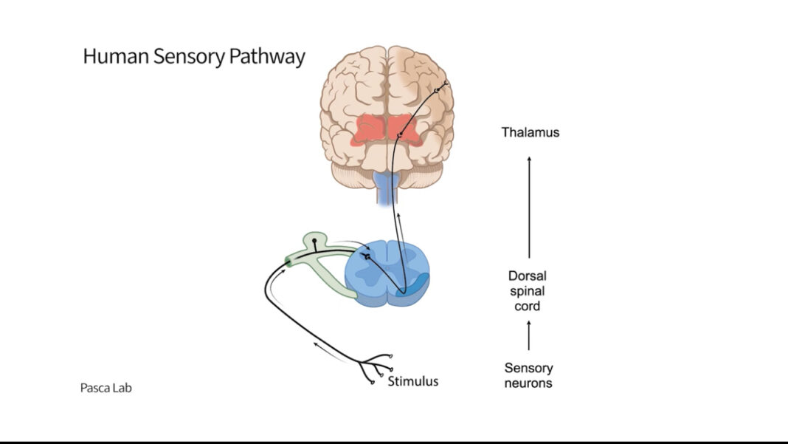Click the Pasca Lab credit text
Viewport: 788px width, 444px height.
coord(106,387)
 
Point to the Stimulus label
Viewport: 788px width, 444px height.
coord(413,381)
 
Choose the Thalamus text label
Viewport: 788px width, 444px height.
coord(530,133)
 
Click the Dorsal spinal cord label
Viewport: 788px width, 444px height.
coord(528,291)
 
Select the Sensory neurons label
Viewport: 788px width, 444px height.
coord(528,375)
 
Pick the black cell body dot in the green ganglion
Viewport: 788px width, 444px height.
coord(315,241)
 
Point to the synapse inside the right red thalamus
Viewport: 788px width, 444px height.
coord(399,135)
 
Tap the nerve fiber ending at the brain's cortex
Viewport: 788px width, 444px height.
coord(440,89)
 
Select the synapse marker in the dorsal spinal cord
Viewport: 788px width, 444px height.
coord(366,256)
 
